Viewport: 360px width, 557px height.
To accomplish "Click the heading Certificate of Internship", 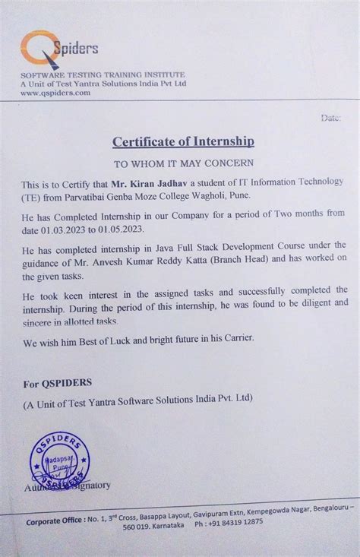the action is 183,141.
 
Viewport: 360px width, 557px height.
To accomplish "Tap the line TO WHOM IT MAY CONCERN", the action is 184,163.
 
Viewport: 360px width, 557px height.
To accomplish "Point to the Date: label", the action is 332,119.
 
